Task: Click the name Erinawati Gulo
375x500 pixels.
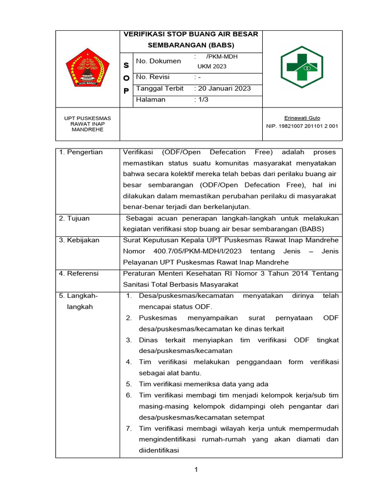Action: [301, 118]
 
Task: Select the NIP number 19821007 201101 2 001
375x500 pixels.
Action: [301, 126]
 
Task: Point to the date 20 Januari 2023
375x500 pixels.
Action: [223, 88]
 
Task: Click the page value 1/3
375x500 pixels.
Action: [201, 100]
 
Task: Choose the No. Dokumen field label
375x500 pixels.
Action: [158, 61]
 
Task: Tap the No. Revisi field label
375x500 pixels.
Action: [155, 77]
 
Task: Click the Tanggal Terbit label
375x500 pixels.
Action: [160, 88]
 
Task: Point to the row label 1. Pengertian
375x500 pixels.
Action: [81, 152]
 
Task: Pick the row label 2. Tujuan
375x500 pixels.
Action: [74, 218]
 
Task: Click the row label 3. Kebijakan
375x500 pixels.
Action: [79, 240]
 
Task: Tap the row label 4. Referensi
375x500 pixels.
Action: [79, 273]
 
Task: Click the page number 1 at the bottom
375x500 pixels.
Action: [196, 470]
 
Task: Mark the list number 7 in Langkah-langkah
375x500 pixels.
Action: [129, 428]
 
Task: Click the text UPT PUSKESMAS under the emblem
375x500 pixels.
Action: [88, 118]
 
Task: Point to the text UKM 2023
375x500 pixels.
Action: [212, 66]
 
